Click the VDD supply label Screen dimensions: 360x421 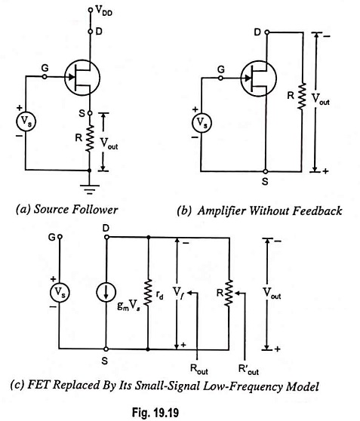coord(104,11)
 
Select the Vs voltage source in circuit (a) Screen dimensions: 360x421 coord(26,121)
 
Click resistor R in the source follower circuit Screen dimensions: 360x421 coord(90,138)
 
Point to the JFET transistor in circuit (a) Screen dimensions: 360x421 coord(82,78)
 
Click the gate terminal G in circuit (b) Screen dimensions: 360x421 coord(220,78)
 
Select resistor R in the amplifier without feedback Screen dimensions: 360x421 coord(302,96)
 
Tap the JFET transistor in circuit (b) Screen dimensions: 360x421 coord(258,78)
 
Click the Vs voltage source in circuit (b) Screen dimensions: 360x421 coord(202,123)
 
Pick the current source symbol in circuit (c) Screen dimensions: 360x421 coord(106,293)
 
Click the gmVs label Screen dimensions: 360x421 coord(129,306)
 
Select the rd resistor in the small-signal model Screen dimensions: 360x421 coord(148,293)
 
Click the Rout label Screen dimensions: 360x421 coord(198,369)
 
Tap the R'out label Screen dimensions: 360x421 coord(248,369)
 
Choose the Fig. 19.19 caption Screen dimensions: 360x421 coord(155,412)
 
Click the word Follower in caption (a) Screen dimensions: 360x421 coord(95,210)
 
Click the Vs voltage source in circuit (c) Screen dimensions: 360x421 coord(60,293)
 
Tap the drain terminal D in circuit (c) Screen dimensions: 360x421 coord(106,237)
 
